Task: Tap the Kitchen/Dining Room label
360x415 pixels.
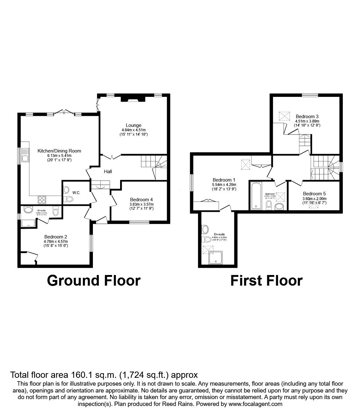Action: click(59, 151)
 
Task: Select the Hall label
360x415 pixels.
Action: click(108, 171)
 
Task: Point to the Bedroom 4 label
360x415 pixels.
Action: click(141, 199)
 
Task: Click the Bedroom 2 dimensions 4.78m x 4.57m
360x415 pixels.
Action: click(56, 241)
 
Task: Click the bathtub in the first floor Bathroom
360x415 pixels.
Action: click(256, 196)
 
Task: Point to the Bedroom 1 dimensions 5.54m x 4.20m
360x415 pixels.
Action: click(224, 185)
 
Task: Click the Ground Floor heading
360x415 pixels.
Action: click(94, 280)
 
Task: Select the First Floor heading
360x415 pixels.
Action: click(266, 280)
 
